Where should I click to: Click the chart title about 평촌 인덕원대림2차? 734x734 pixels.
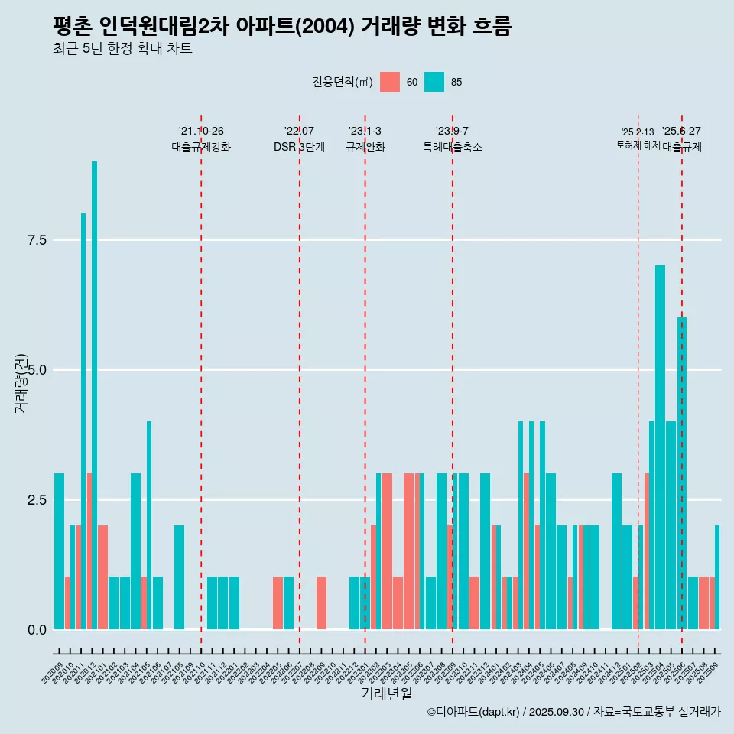pos(282,27)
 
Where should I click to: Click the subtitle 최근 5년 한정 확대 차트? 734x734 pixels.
pos(122,49)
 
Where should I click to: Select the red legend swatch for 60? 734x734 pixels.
pos(390,82)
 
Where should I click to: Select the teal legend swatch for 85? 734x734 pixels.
pos(434,82)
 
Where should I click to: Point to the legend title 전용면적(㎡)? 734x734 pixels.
pos(343,82)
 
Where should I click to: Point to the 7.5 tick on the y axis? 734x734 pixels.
pos(37,240)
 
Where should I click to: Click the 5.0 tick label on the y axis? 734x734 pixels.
pos(37,370)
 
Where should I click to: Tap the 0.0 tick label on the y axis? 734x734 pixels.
pos(37,630)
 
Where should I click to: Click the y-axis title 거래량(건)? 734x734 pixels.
pos(21,382)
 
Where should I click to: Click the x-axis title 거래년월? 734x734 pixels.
pos(386,694)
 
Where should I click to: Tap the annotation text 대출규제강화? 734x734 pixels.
pos(200,147)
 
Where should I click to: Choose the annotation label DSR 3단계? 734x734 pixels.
pos(299,147)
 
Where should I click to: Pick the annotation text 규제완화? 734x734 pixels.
pos(365,147)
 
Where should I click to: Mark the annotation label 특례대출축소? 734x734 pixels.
pos(452,147)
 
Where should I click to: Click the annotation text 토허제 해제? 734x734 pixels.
pos(638,145)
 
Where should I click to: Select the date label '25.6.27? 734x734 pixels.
pos(681,132)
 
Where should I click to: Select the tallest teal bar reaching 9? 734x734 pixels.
pos(95,382)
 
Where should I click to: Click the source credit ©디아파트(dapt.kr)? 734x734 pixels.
pos(474,712)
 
